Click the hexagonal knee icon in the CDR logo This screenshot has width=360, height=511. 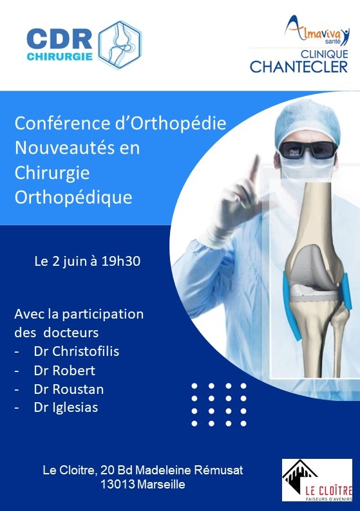120,44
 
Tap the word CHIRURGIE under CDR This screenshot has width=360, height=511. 59,57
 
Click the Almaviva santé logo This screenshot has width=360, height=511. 317,30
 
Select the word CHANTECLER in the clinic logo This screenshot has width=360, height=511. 299,67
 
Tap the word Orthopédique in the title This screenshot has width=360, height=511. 73,198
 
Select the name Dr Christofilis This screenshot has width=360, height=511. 77,351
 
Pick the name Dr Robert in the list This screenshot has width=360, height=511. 64,370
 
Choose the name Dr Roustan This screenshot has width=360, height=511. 69,389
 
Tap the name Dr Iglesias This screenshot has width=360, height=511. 66,407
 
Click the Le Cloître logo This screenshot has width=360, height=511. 317,480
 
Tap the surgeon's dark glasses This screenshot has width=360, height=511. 308,149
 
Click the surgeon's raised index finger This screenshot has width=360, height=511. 253,169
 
